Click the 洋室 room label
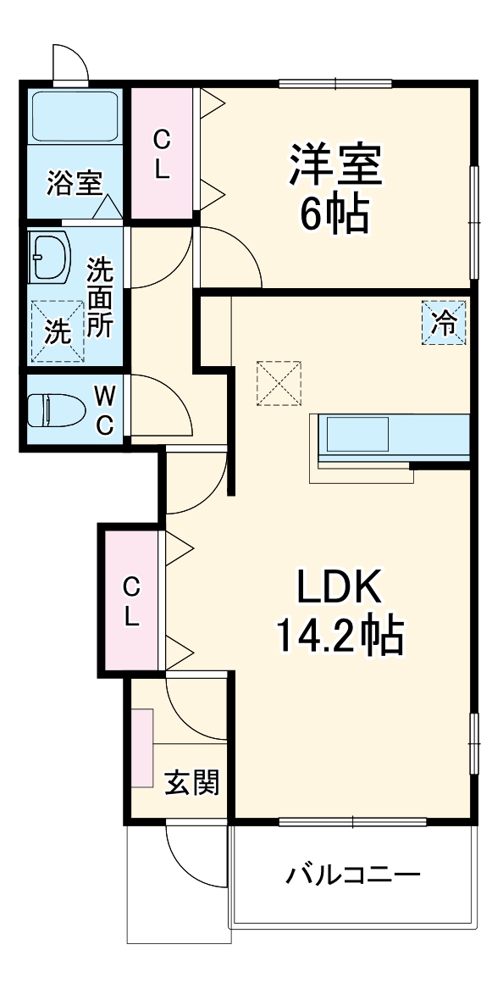(x=337, y=165)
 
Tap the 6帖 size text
(x=335, y=216)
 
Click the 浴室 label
(x=74, y=183)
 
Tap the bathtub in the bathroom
(x=75, y=118)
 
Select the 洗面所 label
(x=100, y=297)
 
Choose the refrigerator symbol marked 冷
(x=444, y=322)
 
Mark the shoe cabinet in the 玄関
(x=141, y=746)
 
